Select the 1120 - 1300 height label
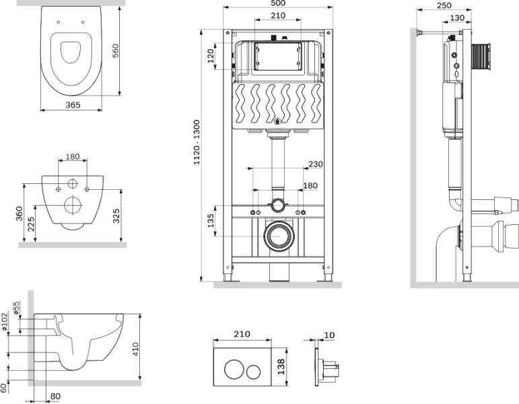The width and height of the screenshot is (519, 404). click(197, 143)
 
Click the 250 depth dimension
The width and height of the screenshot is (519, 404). click(444, 5)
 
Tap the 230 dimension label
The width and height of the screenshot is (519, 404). click(316, 164)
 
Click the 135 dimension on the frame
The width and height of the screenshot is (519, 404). click(210, 222)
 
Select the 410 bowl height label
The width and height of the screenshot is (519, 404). click(136, 349)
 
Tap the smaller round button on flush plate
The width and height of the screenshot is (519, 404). click(254, 371)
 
